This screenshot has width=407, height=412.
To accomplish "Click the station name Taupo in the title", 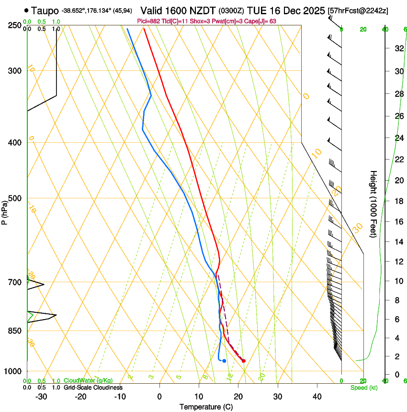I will (45, 10).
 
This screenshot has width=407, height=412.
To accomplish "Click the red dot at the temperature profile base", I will (244, 361).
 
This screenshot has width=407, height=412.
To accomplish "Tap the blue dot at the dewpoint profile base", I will (224, 361).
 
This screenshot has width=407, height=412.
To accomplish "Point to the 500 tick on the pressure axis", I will (15, 198).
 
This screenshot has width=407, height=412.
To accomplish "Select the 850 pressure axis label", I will (15, 331).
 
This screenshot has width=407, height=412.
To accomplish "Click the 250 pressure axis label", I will (15, 25).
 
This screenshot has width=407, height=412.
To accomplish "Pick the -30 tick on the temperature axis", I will (41, 397).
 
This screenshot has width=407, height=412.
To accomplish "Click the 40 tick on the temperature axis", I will (317, 397).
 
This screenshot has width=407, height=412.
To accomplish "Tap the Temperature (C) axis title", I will (206, 407).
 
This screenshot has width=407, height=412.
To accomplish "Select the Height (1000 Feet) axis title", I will (374, 204).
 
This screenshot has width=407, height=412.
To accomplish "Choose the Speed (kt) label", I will (363, 388).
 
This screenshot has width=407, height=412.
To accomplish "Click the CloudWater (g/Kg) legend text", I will (89, 381).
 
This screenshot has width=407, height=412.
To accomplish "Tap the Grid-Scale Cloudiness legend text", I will (93, 388).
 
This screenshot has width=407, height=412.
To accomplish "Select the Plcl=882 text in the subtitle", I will (149, 21).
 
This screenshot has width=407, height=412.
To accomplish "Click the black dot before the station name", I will (26, 10).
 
